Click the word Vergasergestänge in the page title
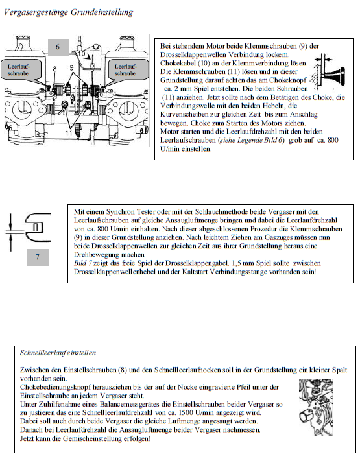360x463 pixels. [x=36, y=12]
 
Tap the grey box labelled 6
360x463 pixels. [x=58, y=47]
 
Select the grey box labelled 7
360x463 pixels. [x=38, y=257]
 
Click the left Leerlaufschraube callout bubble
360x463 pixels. [x=20, y=69]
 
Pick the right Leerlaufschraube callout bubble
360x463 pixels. [x=127, y=69]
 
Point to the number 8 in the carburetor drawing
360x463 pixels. [x=54, y=69]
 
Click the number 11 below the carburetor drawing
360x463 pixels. [x=69, y=133]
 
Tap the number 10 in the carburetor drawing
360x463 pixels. [x=82, y=54]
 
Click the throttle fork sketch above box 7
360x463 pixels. [x=30, y=231]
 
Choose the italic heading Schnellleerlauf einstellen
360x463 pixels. [x=58, y=353]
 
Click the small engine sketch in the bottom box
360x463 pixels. [x=316, y=407]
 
